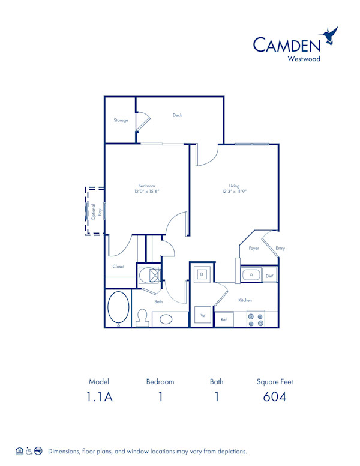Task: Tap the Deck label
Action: (x=177, y=115)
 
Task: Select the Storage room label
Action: (x=121, y=120)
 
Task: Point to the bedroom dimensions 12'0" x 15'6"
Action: (x=147, y=192)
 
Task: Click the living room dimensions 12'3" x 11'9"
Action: (x=234, y=192)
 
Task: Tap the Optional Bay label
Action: (x=92, y=211)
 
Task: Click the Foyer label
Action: (x=254, y=248)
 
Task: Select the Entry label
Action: (x=280, y=248)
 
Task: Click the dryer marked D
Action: (x=202, y=274)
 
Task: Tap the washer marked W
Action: (x=202, y=315)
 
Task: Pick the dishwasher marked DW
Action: (x=270, y=276)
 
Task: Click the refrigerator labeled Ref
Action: (x=224, y=320)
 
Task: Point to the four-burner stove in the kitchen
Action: (x=256, y=319)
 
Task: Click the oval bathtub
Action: (x=118, y=308)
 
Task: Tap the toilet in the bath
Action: (x=143, y=317)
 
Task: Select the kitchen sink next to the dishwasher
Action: (x=251, y=275)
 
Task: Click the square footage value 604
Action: (x=274, y=397)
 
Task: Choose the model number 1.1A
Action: (x=100, y=397)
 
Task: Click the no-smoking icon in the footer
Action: (x=38, y=450)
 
